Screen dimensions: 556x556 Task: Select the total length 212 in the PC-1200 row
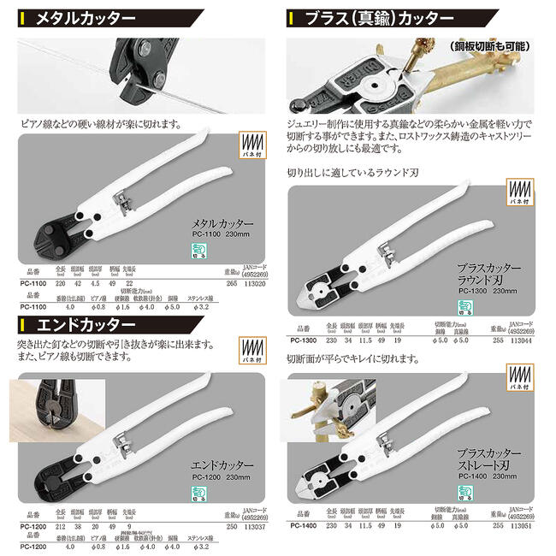pyautogui.click(x=61, y=529)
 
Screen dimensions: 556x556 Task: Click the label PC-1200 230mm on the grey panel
pyautogui.click(x=225, y=472)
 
